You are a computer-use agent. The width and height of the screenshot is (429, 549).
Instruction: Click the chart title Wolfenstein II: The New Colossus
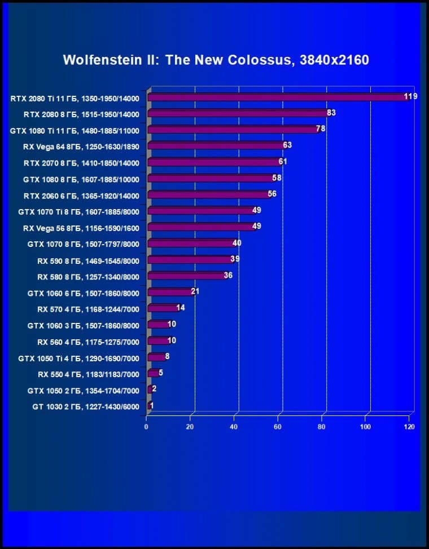click(x=216, y=60)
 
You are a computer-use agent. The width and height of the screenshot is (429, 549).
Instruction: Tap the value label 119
click(x=410, y=96)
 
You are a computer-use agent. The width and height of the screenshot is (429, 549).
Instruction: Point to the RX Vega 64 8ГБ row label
click(x=81, y=147)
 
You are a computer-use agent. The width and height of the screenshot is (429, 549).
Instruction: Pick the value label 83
click(x=331, y=113)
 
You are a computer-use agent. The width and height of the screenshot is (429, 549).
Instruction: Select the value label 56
click(x=272, y=194)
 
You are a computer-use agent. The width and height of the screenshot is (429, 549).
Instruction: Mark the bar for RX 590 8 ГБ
click(x=190, y=260)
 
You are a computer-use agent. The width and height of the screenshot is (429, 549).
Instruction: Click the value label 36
click(x=228, y=275)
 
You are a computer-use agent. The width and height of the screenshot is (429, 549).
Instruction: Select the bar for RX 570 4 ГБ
click(x=163, y=308)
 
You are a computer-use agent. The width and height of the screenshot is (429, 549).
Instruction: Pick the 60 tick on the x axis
click(x=278, y=427)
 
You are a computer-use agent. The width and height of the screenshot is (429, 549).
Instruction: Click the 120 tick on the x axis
click(x=409, y=427)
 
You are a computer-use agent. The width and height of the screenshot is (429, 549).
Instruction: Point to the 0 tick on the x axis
click(x=146, y=427)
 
